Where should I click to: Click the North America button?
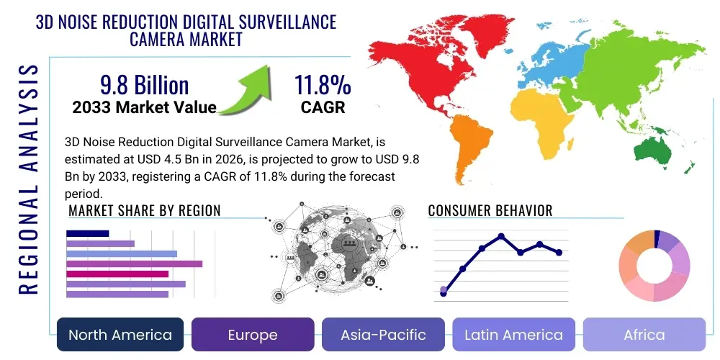(x=120, y=335)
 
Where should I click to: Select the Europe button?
(x=253, y=335)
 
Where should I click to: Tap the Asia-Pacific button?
(x=384, y=335)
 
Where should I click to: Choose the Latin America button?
(x=513, y=335)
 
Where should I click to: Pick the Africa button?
(x=644, y=335)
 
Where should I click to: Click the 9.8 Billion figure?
(x=144, y=85)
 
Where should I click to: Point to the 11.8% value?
(x=322, y=85)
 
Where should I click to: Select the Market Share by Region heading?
(x=144, y=211)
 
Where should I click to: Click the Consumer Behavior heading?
(x=490, y=211)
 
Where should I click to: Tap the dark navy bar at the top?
(x=87, y=233)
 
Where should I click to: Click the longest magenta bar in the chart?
(x=134, y=264)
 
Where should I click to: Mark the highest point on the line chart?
(x=501, y=236)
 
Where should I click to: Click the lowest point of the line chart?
(x=444, y=293)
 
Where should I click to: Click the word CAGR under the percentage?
(x=322, y=108)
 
